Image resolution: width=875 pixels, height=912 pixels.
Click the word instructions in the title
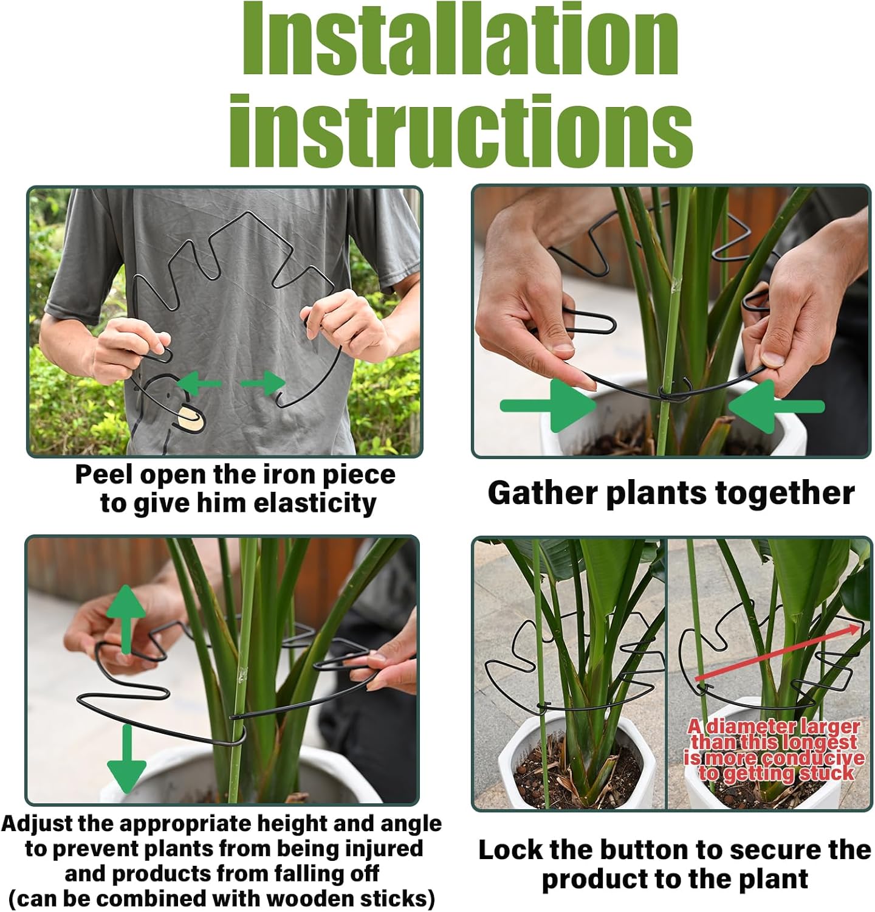(x=460, y=131)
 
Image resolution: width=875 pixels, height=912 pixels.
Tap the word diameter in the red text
(x=749, y=727)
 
